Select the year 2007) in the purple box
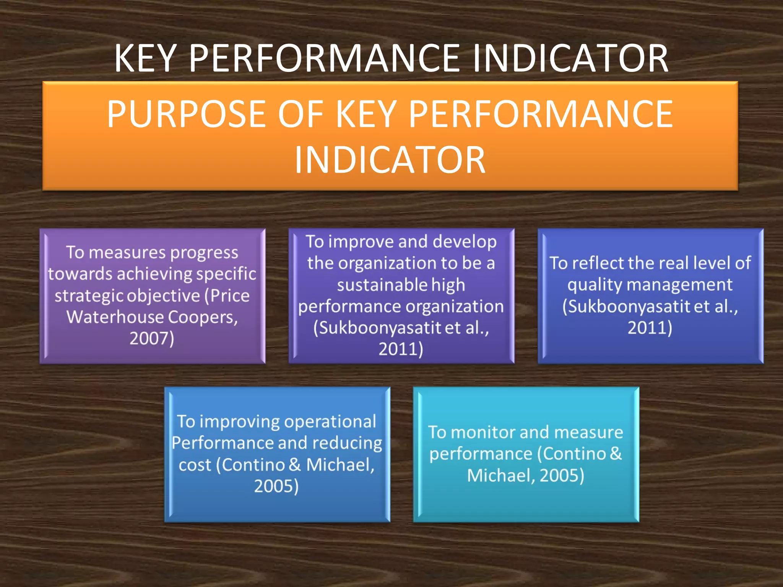point(152,339)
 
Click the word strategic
point(89,296)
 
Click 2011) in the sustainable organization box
point(401,349)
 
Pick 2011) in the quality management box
point(650,328)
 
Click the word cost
point(195,465)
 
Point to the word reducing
point(347,443)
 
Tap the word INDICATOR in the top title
point(570,58)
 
